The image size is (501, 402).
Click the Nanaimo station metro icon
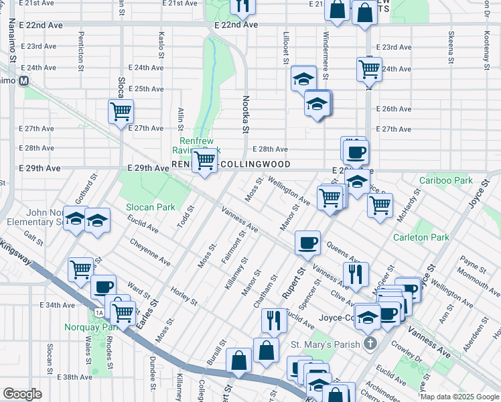23,81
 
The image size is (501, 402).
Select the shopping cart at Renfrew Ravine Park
204,161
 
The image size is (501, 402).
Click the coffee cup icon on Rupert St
307,243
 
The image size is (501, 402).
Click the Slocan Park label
151,207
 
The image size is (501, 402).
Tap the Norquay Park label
91,328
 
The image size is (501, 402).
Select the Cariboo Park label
446,180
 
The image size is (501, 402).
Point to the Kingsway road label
15,251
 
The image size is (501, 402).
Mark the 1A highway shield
98,313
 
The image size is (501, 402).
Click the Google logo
22,394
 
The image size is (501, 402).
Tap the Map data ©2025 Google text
459,397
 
